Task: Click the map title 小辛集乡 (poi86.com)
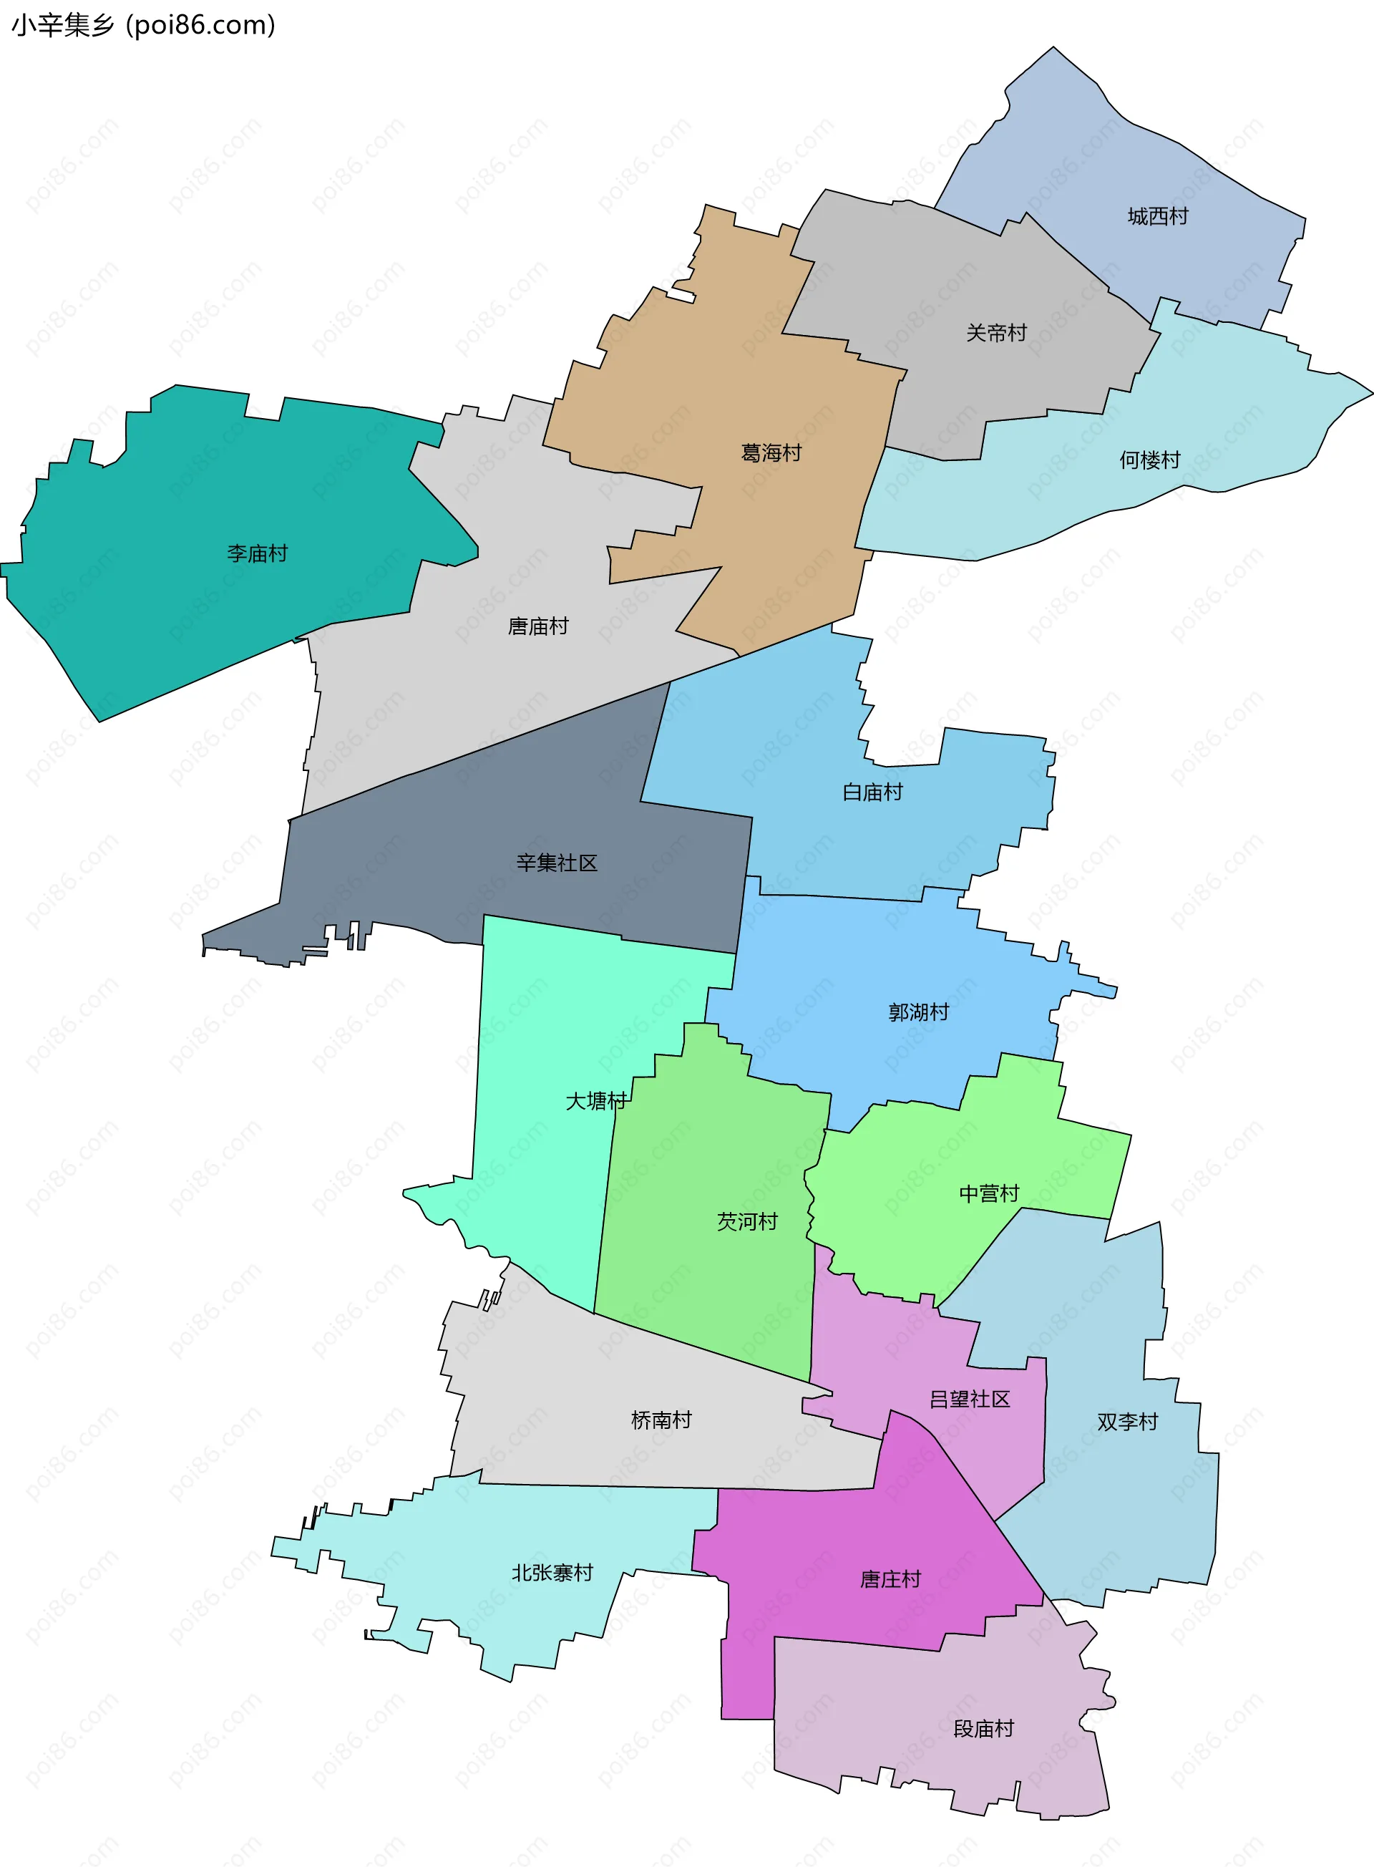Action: coord(143,26)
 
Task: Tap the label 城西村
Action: coord(1158,217)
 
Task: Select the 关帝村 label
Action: coord(996,334)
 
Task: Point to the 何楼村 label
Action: coord(1149,460)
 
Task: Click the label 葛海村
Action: coord(771,453)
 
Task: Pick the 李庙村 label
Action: coord(257,554)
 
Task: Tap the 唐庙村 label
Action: coord(538,626)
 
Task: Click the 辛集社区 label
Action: coord(557,863)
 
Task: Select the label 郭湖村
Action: coord(918,1012)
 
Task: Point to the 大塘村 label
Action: coord(595,1102)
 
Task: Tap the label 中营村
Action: coord(989,1194)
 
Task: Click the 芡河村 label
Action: coord(747,1221)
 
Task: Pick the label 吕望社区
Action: coord(969,1400)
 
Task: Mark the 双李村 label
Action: coord(1127,1422)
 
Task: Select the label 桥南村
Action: coord(661,1420)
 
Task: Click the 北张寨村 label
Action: coord(552,1573)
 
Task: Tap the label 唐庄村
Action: coord(891,1580)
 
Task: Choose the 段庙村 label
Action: coord(983,1729)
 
